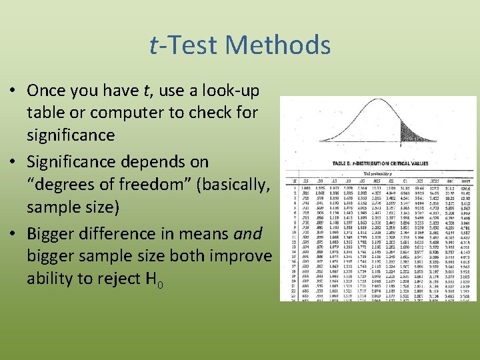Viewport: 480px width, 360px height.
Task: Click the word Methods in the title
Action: tap(278, 45)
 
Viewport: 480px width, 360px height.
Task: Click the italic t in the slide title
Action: tap(154, 45)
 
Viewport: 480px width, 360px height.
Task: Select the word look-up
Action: tap(230, 91)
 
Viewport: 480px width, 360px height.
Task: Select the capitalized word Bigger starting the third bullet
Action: tap(54, 234)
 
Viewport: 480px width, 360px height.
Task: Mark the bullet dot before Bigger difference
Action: tap(15, 235)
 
